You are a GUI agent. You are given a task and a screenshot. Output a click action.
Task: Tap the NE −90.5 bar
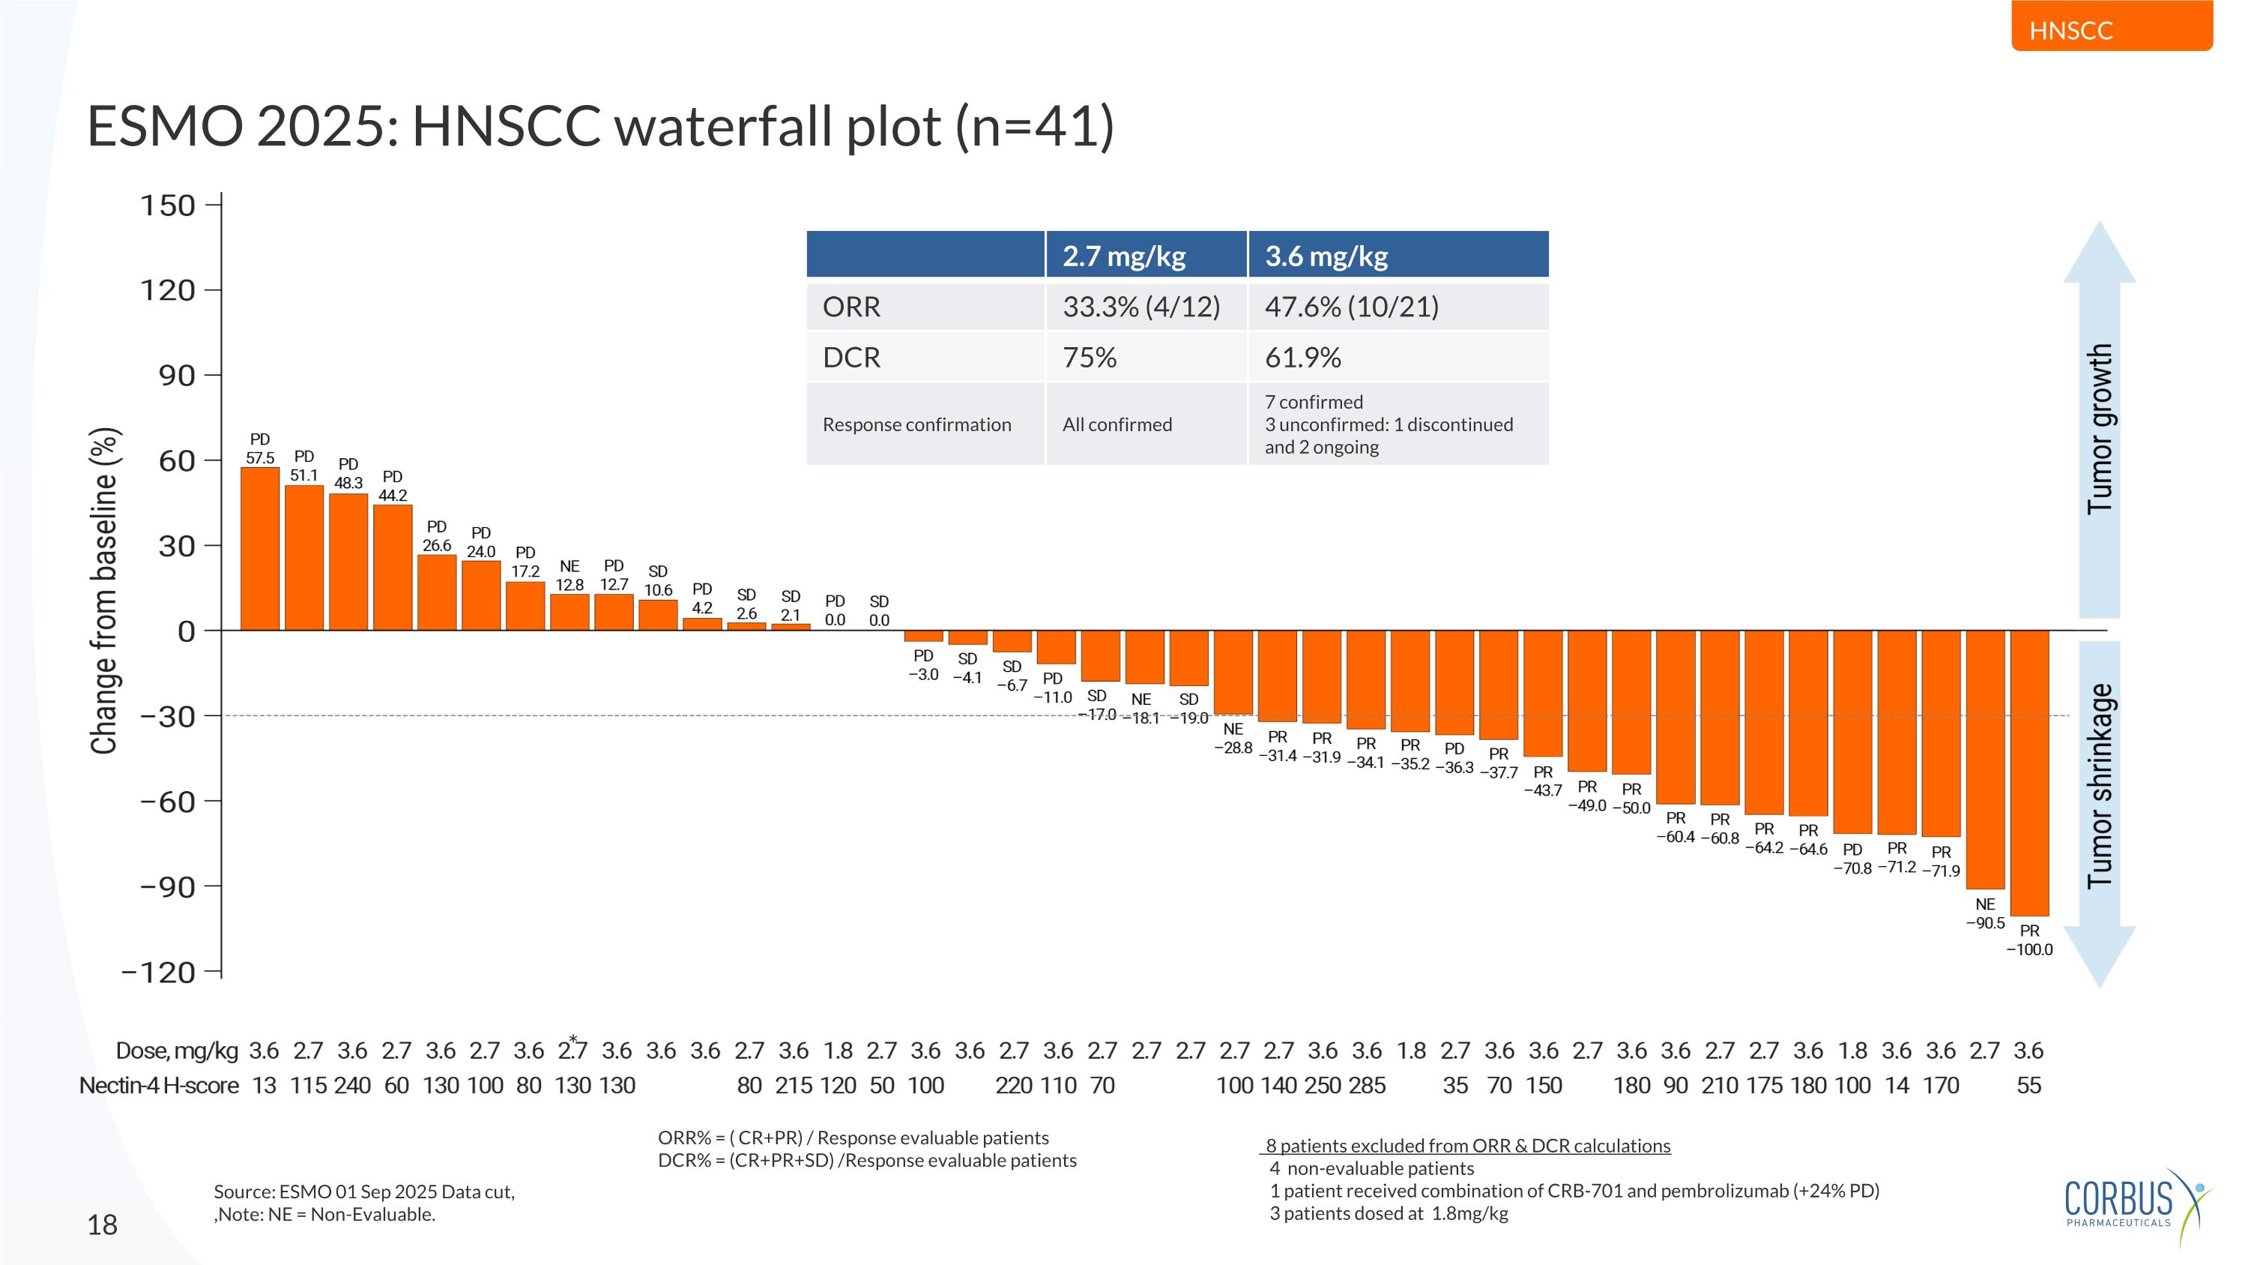[1984, 760]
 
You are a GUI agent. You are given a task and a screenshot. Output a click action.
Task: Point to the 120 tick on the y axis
[168, 291]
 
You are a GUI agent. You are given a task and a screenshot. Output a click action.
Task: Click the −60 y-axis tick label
[168, 802]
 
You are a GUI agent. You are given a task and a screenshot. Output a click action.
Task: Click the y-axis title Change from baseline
[104, 590]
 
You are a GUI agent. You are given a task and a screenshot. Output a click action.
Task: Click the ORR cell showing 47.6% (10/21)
[1352, 307]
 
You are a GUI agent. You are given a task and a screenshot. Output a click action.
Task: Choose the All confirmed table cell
[1117, 424]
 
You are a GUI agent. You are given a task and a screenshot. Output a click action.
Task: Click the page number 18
[102, 1225]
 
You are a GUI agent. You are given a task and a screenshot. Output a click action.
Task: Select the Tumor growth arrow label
[2099, 427]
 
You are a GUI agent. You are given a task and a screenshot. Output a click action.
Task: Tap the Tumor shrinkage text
[2099, 786]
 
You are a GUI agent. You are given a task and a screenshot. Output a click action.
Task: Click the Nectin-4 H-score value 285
[1367, 1085]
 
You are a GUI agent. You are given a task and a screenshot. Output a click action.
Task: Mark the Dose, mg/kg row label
[176, 1051]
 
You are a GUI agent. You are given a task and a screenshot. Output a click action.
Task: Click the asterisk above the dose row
[572, 1038]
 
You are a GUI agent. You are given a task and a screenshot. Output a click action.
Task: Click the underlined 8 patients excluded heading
[1468, 1145]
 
